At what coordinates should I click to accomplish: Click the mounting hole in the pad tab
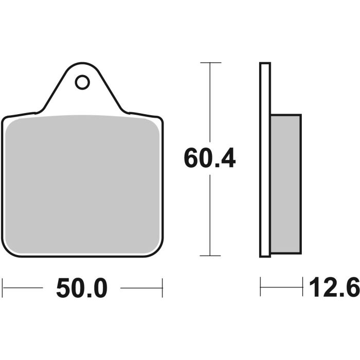pos(82,82)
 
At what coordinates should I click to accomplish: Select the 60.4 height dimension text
pos(210,159)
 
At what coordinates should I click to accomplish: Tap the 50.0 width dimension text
pos(82,289)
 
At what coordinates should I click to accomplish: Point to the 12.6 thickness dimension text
pos(334,288)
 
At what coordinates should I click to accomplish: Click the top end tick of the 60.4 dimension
pos(210,63)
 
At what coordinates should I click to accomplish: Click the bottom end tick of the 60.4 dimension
pos(210,256)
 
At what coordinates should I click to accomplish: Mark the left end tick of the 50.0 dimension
pos(3,287)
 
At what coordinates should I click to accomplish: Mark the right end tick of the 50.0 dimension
pos(163,287)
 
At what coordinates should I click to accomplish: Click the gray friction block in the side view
pos(285,184)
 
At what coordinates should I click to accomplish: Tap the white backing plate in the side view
pos(265,159)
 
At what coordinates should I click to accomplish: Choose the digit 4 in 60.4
pos(227,159)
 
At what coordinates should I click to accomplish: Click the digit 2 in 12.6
pos(330,288)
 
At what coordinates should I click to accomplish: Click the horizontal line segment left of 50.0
pos(23,287)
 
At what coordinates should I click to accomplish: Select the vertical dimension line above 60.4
pos(210,103)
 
